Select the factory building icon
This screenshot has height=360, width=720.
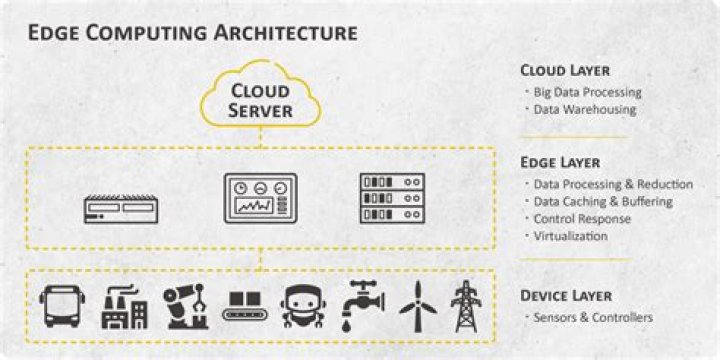(x=124, y=307)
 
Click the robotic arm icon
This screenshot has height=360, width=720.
(x=184, y=305)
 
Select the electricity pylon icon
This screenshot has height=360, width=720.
(x=464, y=305)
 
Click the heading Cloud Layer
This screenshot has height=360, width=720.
(x=566, y=70)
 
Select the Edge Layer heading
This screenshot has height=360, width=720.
(x=562, y=162)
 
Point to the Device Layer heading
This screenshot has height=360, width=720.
(x=568, y=296)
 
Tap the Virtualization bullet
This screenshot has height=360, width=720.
(x=572, y=236)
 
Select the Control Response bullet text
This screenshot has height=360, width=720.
(x=582, y=219)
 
